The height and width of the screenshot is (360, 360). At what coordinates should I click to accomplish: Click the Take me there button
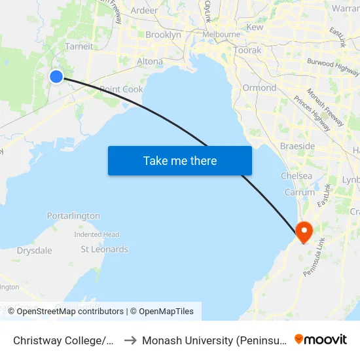(x=179, y=160)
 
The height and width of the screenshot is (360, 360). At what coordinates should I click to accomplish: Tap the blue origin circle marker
(x=56, y=77)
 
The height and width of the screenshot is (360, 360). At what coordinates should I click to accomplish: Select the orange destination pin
(x=304, y=232)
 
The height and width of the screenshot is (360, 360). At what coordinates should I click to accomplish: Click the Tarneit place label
(x=79, y=46)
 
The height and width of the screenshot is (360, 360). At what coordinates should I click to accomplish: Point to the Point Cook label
(x=121, y=89)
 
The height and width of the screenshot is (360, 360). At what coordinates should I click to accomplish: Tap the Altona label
(x=150, y=62)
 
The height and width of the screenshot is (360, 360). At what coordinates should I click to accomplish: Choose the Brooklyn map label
(x=163, y=35)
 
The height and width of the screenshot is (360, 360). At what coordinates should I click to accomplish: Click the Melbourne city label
(x=221, y=34)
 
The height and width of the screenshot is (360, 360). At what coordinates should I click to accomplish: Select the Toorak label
(x=247, y=50)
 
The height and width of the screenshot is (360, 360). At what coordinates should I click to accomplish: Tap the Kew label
(x=255, y=27)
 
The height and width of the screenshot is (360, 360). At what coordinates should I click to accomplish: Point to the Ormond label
(x=259, y=88)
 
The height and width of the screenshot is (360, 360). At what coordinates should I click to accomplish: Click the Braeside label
(x=297, y=145)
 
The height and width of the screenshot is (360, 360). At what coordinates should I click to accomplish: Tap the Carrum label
(x=300, y=192)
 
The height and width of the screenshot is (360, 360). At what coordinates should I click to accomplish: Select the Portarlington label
(x=73, y=216)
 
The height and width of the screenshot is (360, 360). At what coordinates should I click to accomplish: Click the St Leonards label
(x=104, y=249)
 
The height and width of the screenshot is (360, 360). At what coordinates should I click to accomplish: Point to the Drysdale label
(x=34, y=250)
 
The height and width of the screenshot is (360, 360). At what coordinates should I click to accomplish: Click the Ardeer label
(x=144, y=10)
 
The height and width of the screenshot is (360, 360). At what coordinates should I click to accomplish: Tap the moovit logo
(x=321, y=340)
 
